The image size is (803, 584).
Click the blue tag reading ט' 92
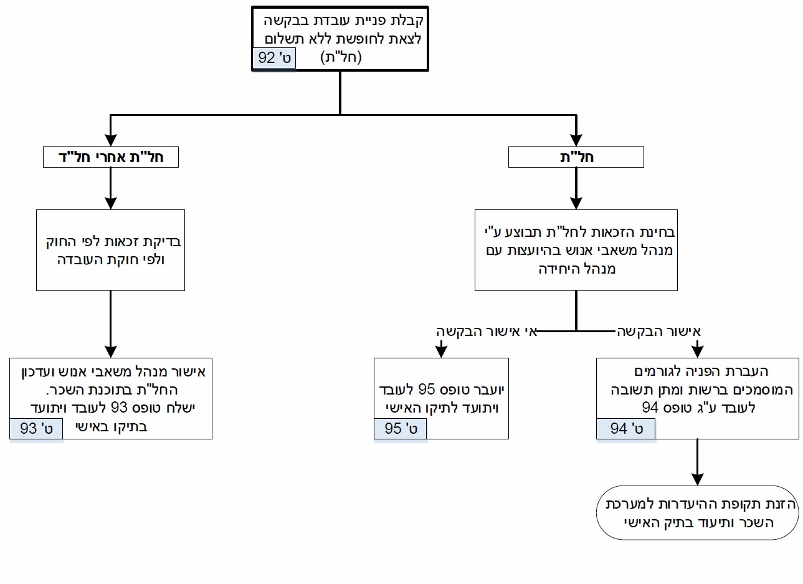[x=274, y=58]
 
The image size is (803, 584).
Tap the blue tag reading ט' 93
[x=36, y=429]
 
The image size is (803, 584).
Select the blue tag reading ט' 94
[x=626, y=429]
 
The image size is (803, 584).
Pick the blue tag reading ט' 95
[x=401, y=429]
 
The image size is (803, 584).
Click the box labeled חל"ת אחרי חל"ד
[x=111, y=157]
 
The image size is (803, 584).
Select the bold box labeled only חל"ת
[x=576, y=157]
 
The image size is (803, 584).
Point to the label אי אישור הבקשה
[x=487, y=332]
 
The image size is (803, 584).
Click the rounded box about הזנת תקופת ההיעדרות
[x=698, y=513]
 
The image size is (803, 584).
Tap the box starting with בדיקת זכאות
[x=110, y=251]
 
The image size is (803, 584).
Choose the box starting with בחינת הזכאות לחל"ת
[x=576, y=251]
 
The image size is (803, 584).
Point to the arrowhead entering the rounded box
[x=698, y=479]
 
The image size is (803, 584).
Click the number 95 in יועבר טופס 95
[x=427, y=389]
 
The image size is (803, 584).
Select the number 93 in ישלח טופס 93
[x=120, y=408]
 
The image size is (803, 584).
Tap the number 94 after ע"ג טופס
[x=650, y=408]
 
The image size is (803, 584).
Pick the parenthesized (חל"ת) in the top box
[x=341, y=57]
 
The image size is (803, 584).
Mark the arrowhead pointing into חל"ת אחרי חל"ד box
[x=111, y=140]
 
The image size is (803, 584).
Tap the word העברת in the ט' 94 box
[x=749, y=371]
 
